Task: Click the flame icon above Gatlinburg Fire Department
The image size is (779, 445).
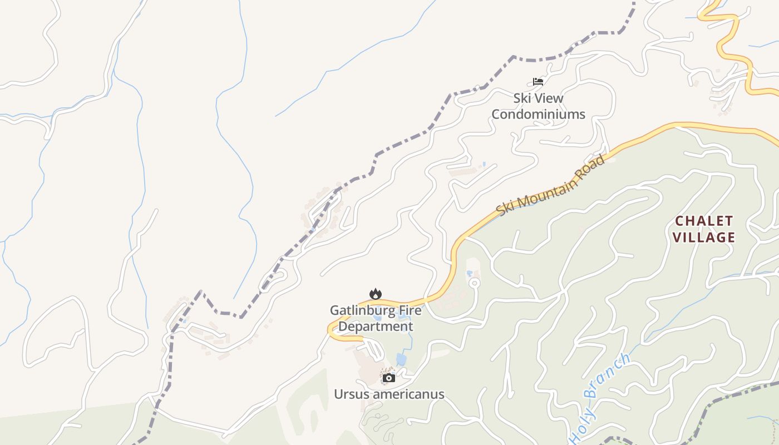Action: [376, 294]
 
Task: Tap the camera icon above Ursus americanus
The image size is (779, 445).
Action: [389, 378]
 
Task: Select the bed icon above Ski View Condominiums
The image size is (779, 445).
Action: [538, 82]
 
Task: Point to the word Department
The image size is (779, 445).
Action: [376, 327]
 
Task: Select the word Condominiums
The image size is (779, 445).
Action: [538, 115]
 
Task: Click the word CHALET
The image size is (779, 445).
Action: [704, 221]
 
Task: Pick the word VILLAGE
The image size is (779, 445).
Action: [704, 238]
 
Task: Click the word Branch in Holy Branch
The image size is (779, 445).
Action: [610, 375]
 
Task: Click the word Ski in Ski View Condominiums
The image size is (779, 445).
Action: [522, 98]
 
